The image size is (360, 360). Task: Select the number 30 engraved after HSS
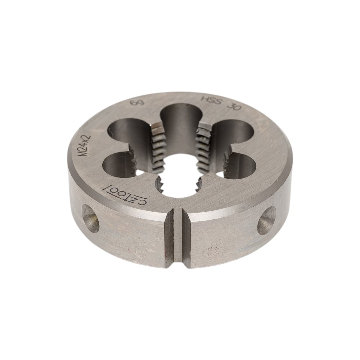234,106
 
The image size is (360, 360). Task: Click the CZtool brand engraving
124,192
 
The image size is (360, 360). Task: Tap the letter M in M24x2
81,153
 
